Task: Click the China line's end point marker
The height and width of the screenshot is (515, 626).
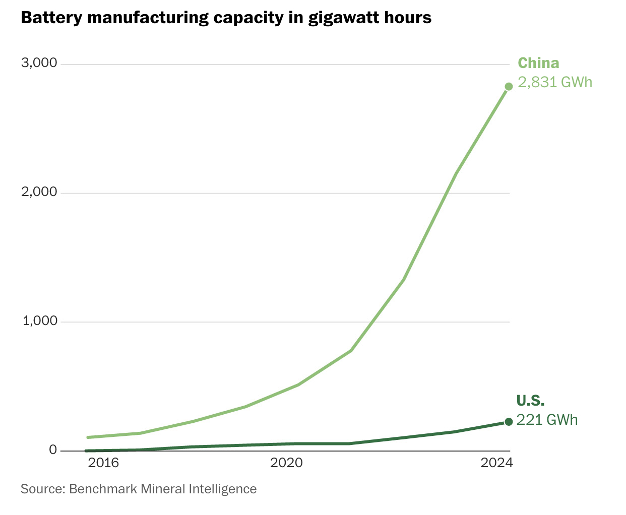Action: point(509,86)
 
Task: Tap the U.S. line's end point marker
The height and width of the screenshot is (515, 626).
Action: point(509,422)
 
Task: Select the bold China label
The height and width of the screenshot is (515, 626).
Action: point(538,63)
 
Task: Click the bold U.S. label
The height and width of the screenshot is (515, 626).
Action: point(530,401)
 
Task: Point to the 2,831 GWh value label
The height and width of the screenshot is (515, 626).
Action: point(555,82)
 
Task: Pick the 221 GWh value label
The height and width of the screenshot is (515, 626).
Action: point(547,420)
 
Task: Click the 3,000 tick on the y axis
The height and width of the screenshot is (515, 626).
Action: point(39,63)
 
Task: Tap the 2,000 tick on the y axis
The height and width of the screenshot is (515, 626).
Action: point(39,192)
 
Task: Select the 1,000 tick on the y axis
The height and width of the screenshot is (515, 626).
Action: point(39,321)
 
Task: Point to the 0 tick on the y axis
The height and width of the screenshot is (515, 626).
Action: point(53,450)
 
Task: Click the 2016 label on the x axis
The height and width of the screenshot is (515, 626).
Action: point(103,463)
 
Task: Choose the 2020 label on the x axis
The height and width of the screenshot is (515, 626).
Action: point(286,463)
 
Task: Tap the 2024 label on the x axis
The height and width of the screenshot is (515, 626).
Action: point(496,463)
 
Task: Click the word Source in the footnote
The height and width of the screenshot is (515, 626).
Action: point(42,489)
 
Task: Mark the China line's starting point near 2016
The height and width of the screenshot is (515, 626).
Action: point(89,437)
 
